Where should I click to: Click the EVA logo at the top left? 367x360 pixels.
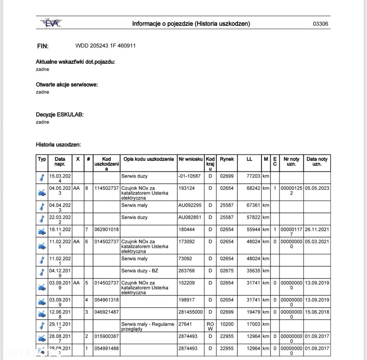pyautogui.click(x=51, y=23)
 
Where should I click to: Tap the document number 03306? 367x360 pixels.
pyautogui.click(x=320, y=24)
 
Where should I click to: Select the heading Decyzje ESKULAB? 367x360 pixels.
pyautogui.click(x=60, y=115)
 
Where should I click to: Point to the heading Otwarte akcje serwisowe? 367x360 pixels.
pyautogui.click(x=67, y=85)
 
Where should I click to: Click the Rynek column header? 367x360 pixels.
pyautogui.click(x=226, y=159)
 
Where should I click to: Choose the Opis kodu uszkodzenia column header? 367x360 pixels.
pyautogui.click(x=149, y=159)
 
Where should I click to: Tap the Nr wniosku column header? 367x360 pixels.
pyautogui.click(x=190, y=159)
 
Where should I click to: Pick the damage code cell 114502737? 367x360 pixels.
pyautogui.click(x=106, y=188)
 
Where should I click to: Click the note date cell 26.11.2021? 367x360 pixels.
pyautogui.click(x=317, y=229)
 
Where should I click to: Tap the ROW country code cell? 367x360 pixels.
pyautogui.click(x=210, y=326)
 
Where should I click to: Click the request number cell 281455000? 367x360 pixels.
pyautogui.click(x=190, y=312)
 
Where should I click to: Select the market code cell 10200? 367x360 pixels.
pyautogui.click(x=226, y=324)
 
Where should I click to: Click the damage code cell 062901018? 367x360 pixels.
pyautogui.click(x=106, y=229)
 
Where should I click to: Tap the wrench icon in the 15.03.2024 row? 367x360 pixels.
pyautogui.click(x=42, y=178)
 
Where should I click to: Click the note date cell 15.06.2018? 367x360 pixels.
pyautogui.click(x=317, y=312)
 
